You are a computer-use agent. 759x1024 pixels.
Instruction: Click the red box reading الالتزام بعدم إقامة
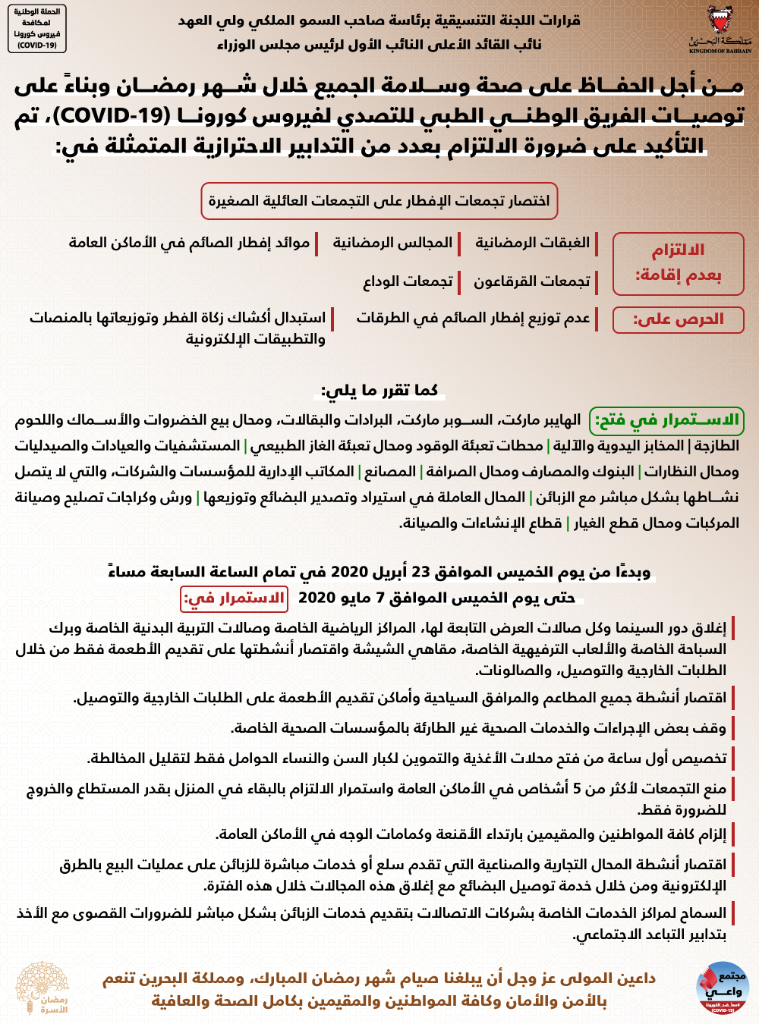click(678, 262)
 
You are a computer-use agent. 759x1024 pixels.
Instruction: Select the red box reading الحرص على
click(678, 319)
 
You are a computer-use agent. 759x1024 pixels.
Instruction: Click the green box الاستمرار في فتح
click(666, 420)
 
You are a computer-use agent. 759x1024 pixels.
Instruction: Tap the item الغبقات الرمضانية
click(532, 243)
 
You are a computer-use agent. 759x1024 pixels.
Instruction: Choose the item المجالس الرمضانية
click(392, 243)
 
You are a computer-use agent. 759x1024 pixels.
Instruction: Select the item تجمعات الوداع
click(408, 281)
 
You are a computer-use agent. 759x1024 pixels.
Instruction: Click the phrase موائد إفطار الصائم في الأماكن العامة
click(189, 243)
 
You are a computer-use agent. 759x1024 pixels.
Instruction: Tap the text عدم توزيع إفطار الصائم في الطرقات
click(473, 318)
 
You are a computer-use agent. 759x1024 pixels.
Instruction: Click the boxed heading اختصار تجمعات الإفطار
click(379, 201)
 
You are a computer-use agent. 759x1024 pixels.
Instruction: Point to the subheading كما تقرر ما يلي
click(379, 391)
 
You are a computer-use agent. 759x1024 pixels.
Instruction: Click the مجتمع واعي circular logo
click(721, 987)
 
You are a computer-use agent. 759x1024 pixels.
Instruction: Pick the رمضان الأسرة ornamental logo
click(43, 988)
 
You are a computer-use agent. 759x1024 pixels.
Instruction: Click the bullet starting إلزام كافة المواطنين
click(471, 834)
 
